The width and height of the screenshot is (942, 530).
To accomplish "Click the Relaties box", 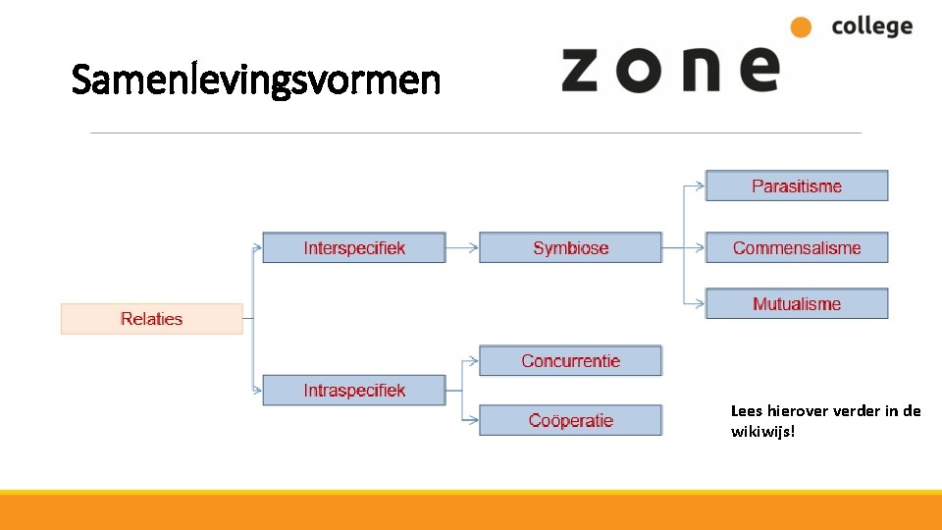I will (x=152, y=319).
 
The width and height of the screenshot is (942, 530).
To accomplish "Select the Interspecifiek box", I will (x=354, y=247).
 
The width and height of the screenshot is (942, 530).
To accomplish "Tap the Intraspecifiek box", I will (x=354, y=390).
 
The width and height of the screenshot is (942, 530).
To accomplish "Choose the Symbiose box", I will (x=570, y=247).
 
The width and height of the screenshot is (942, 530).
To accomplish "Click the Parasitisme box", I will (x=797, y=185).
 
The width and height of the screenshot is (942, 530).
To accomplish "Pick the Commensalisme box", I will (x=797, y=247).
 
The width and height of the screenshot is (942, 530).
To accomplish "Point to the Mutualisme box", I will (x=797, y=304).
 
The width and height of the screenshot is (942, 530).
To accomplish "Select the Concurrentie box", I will (x=570, y=361).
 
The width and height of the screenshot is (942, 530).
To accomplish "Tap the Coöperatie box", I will (x=570, y=420).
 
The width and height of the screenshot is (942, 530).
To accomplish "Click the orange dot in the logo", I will (x=802, y=27).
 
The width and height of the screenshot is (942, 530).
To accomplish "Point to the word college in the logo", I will (x=871, y=26).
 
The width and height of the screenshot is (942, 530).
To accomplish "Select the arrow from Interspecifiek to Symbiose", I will (x=462, y=247).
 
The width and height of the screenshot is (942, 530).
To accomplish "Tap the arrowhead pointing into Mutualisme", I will (x=700, y=304).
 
